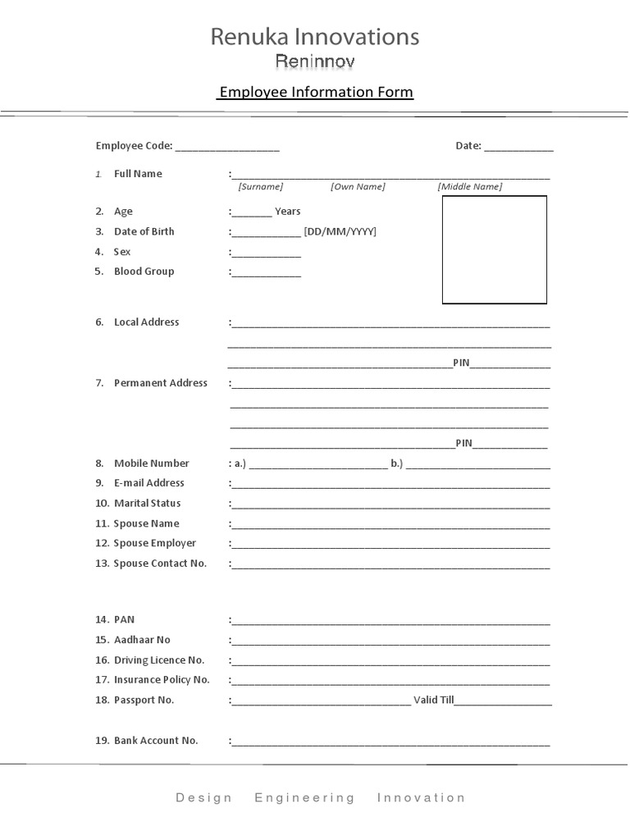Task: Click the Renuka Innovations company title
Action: coord(315,37)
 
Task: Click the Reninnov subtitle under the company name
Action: coord(315,62)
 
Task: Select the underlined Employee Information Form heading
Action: coord(315,92)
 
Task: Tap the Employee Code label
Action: coord(134,146)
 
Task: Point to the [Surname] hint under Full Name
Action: coord(261,187)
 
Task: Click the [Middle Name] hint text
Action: coord(470,187)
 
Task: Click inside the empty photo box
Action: coord(495,249)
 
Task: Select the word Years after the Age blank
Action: coord(288,212)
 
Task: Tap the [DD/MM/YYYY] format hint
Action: coord(340,231)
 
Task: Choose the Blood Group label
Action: coord(144,272)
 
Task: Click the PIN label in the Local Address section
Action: coord(461,363)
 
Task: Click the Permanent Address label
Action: coord(161,383)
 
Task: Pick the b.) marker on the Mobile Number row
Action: coord(397,463)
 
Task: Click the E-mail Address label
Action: coord(149,483)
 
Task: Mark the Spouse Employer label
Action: coord(155,543)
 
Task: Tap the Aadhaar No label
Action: coord(142,640)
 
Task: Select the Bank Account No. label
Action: coord(156,741)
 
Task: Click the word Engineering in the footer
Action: coord(305,797)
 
